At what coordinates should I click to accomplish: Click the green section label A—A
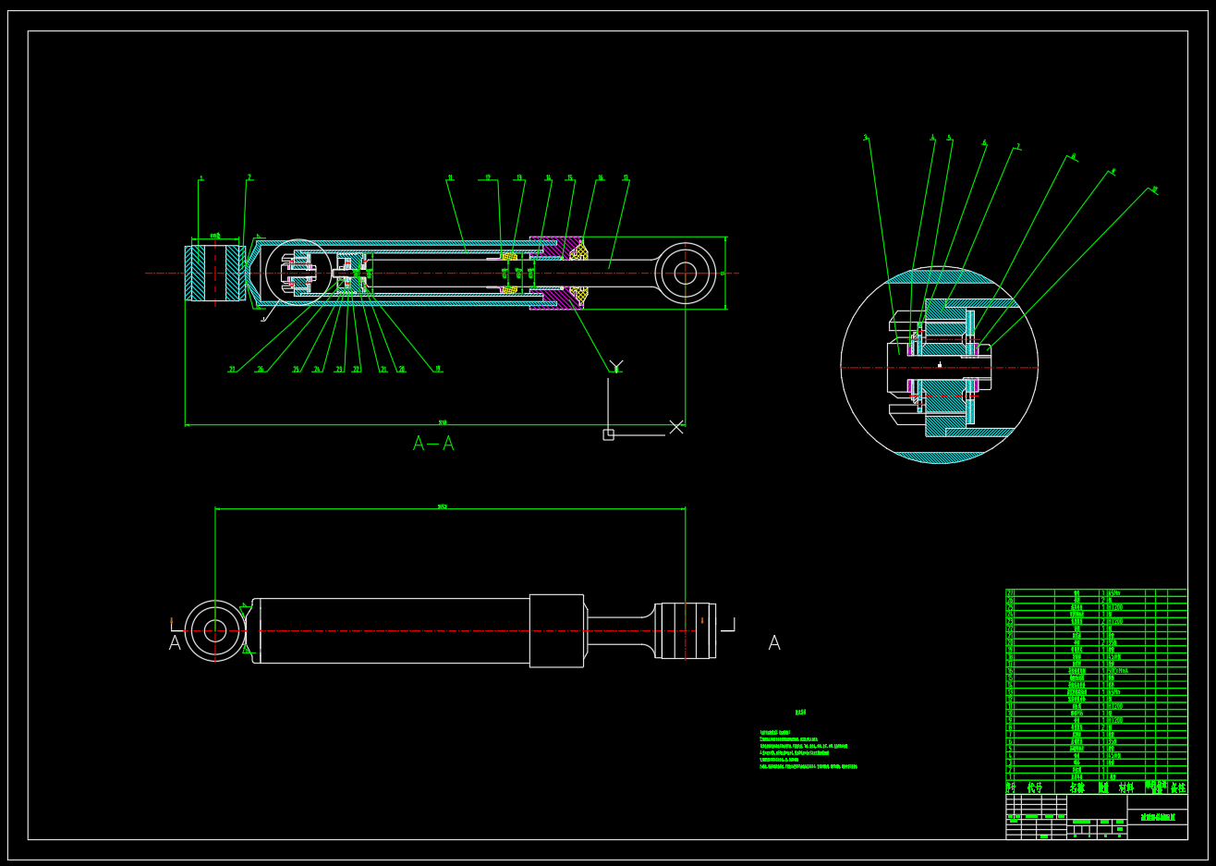point(433,444)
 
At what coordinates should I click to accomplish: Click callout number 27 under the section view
point(232,370)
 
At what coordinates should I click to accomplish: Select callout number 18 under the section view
point(438,369)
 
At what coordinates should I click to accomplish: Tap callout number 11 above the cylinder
point(450,177)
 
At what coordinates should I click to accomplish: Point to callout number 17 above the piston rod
point(626,177)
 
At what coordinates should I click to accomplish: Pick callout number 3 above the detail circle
point(866,138)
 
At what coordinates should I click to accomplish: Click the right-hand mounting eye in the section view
point(685,273)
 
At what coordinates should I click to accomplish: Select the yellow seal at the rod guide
point(579,250)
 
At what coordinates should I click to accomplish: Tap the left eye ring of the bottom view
point(214,631)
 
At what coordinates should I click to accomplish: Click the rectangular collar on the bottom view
point(556,630)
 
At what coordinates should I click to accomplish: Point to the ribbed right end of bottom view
point(686,630)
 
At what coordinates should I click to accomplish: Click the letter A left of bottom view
point(175,643)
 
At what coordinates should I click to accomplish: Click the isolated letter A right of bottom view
point(774,643)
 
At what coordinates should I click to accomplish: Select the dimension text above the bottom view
point(443,506)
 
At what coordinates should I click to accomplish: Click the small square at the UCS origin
point(608,434)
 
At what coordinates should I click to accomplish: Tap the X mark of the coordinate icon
point(676,426)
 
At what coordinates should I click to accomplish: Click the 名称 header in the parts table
point(1077,788)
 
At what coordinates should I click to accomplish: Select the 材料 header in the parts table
point(1125,788)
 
